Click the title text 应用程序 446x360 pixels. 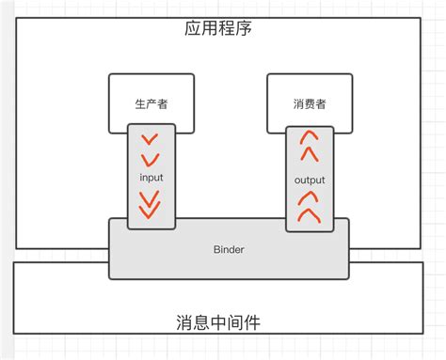click(217, 28)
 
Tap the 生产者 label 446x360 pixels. click(151, 103)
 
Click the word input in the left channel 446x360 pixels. click(151, 175)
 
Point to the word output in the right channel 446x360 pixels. click(309, 179)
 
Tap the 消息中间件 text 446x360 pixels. click(217, 322)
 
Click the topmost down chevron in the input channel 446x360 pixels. click(150, 141)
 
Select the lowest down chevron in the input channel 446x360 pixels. click(151, 211)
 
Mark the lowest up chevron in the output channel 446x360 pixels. click(309, 215)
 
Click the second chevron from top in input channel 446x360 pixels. click(151, 157)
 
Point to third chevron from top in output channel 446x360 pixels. click(309, 198)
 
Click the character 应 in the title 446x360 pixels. click(192, 28)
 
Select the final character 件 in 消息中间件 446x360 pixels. click(251, 322)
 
